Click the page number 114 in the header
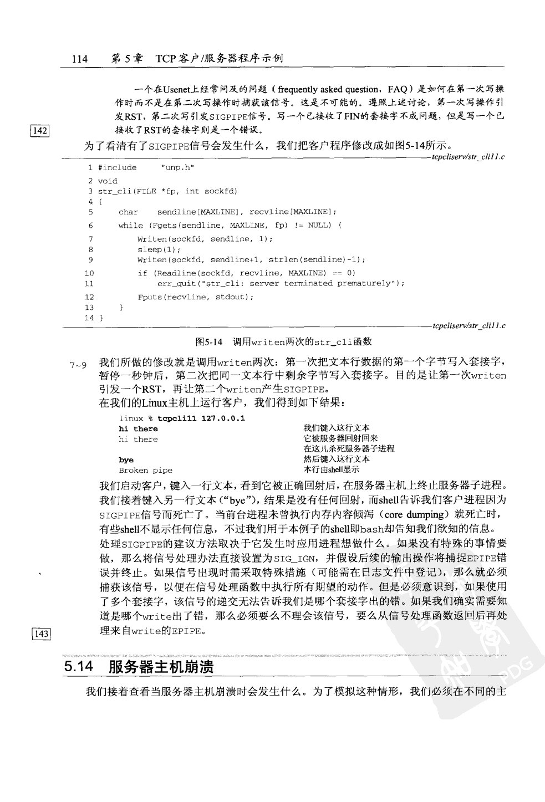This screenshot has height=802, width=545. (80, 58)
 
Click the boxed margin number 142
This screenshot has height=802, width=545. (40, 131)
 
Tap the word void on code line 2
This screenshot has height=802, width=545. (108, 181)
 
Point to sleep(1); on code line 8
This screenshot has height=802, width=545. (151, 249)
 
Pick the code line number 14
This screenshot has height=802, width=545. (89, 318)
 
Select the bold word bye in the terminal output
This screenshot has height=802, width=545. (126, 460)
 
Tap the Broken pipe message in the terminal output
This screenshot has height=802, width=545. (145, 471)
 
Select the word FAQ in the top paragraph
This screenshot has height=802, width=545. (398, 89)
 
